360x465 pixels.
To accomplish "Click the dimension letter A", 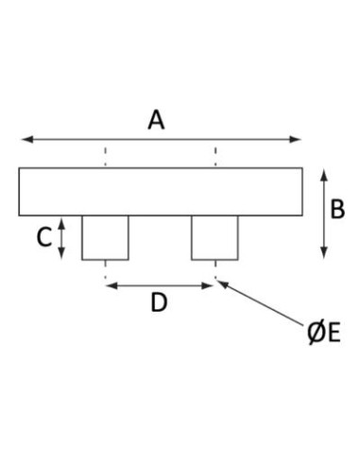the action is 156,120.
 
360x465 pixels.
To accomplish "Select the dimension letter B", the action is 337,209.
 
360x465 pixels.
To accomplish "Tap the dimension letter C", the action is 44,237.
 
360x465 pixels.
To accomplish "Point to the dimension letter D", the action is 159,302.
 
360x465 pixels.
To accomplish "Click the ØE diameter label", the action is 324,334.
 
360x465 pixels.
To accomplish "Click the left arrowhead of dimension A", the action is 27,139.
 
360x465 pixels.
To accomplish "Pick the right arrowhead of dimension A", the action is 295,139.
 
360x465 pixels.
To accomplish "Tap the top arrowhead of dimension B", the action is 324,175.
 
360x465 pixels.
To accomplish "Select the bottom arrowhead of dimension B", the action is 324,253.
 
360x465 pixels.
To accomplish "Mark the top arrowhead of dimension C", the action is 62,223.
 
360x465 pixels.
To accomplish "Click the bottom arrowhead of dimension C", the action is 62,253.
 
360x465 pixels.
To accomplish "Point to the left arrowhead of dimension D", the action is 111,285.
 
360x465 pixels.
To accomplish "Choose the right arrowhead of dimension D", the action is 207,285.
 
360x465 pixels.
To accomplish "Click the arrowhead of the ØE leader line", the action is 223,284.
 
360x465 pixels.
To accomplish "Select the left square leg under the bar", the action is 105,238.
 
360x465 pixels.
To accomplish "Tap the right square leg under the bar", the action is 214,238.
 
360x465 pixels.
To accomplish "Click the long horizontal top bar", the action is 161,192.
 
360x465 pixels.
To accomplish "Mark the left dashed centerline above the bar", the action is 106,156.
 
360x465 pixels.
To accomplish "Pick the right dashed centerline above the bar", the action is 215,156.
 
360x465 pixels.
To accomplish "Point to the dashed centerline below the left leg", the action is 106,269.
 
